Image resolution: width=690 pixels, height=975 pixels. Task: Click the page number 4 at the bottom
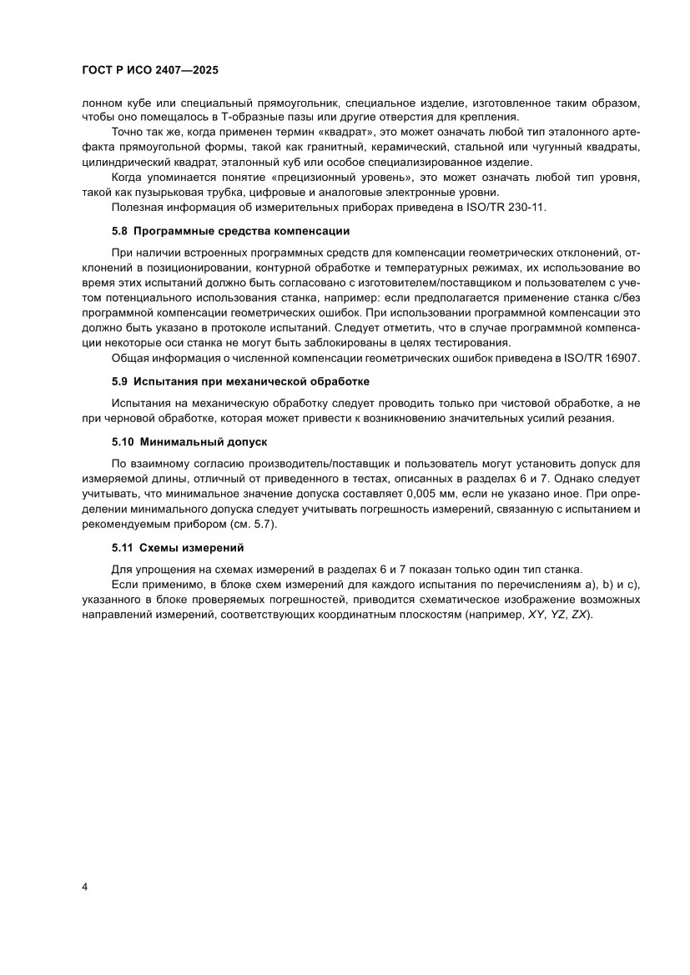click(x=85, y=887)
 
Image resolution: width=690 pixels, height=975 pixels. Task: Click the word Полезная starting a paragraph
click(x=138, y=207)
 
